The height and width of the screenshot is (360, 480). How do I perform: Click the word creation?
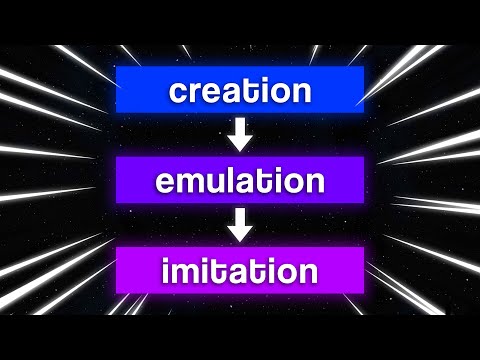240,91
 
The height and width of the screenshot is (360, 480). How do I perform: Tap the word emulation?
240,182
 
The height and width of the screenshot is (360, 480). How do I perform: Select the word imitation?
240,272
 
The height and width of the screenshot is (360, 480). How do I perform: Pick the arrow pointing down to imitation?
240,227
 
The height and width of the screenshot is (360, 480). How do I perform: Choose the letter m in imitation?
186,274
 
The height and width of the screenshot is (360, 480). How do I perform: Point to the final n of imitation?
308,274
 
